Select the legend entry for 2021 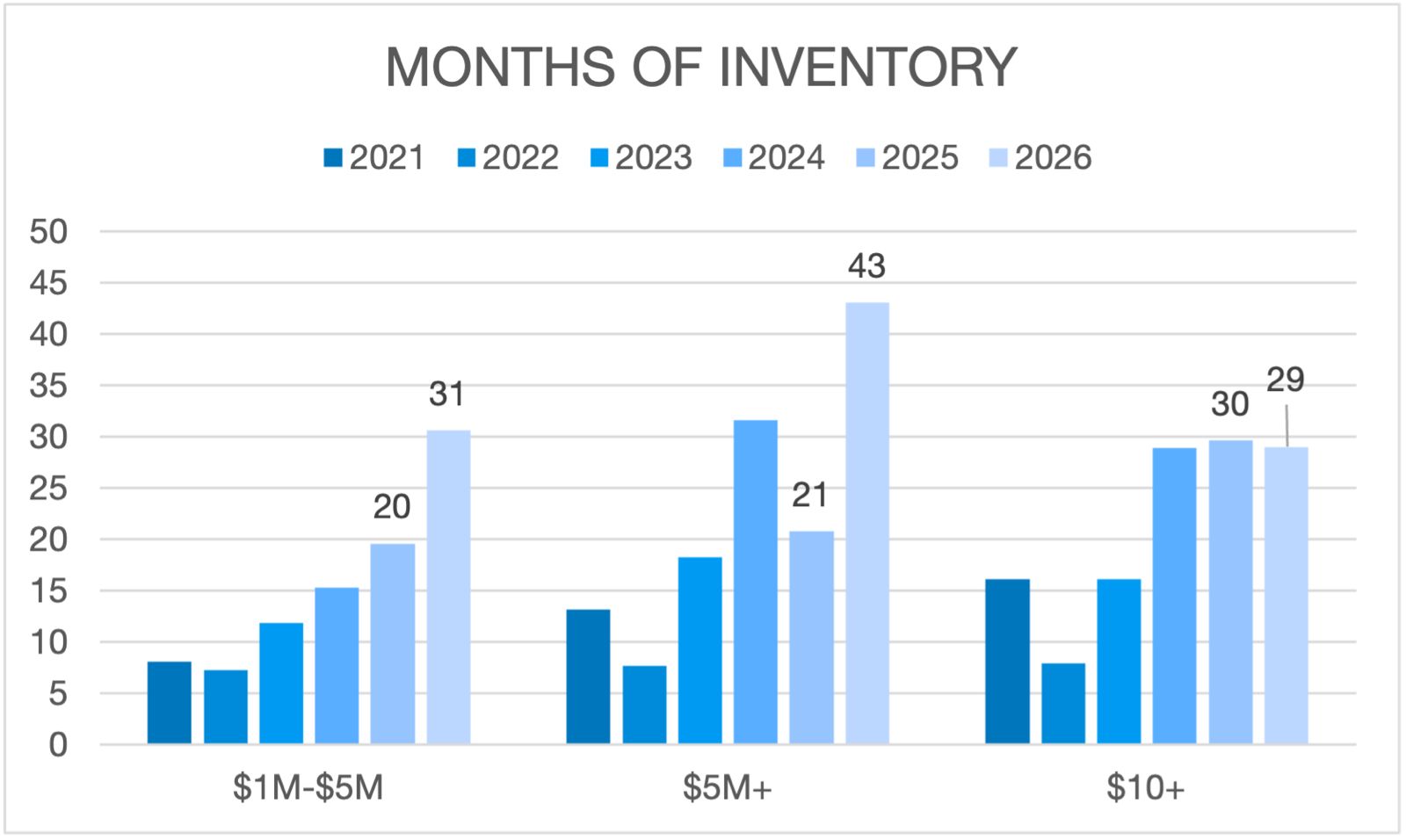click(374, 158)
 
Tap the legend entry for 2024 click(773, 158)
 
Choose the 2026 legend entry click(1040, 158)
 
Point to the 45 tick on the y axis click(48, 283)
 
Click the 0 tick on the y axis click(57, 745)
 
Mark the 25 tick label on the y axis click(48, 489)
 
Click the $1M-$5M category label click(308, 788)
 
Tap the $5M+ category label click(728, 788)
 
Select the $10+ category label click(1145, 788)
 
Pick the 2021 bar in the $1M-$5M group click(169, 703)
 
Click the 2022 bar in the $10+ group click(1063, 704)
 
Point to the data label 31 click(446, 394)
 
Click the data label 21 click(809, 496)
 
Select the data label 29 click(1285, 380)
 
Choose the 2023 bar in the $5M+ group click(699, 650)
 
